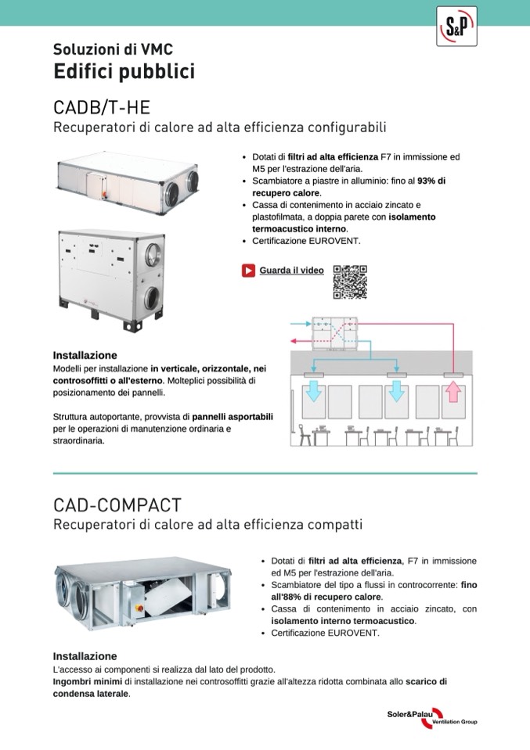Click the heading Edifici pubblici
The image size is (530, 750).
(124, 72)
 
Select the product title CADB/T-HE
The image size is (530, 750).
(101, 106)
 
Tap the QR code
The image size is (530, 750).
(350, 282)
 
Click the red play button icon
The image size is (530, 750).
(248, 271)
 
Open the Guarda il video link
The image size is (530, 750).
(291, 271)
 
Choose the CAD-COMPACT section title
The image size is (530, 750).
(117, 504)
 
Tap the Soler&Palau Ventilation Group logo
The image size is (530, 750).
(431, 718)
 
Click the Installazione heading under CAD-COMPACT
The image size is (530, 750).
(85, 656)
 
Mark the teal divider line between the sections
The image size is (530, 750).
(265, 473)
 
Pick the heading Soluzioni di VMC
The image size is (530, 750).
(107, 48)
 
